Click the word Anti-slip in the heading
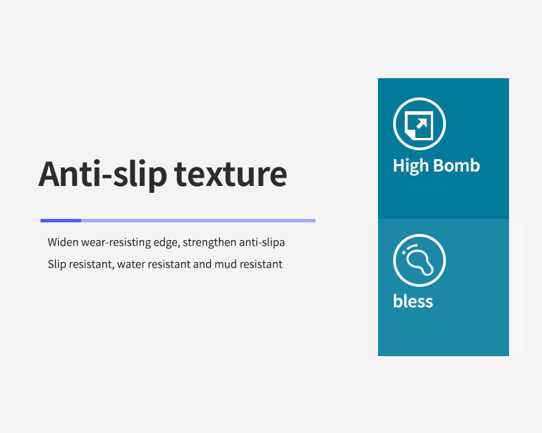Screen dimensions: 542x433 click(x=103, y=174)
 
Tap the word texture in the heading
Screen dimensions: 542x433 click(x=231, y=174)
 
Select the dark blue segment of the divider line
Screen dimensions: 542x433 click(x=60, y=221)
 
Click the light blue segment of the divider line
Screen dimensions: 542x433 click(x=198, y=221)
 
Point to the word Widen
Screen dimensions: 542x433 click(x=63, y=242)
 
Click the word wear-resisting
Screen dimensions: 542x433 click(x=116, y=242)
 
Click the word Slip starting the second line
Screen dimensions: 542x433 click(x=57, y=265)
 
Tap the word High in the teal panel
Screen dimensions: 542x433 click(x=411, y=166)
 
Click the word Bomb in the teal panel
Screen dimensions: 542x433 click(x=456, y=165)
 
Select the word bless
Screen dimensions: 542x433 click(x=413, y=301)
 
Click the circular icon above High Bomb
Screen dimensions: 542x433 click(x=419, y=124)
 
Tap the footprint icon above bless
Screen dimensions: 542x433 click(x=419, y=261)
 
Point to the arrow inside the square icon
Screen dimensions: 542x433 click(x=422, y=124)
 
